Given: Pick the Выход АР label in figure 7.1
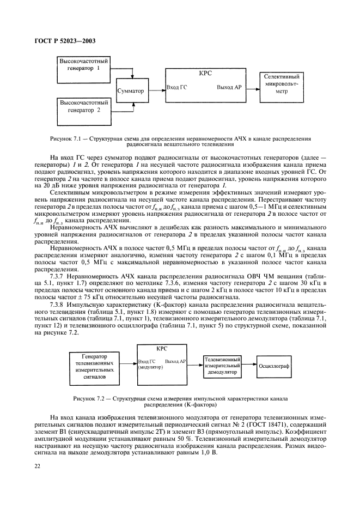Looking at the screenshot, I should [229, 87].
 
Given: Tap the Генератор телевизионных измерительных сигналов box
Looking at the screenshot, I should [94, 366].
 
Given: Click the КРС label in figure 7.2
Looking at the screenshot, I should [162, 349].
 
